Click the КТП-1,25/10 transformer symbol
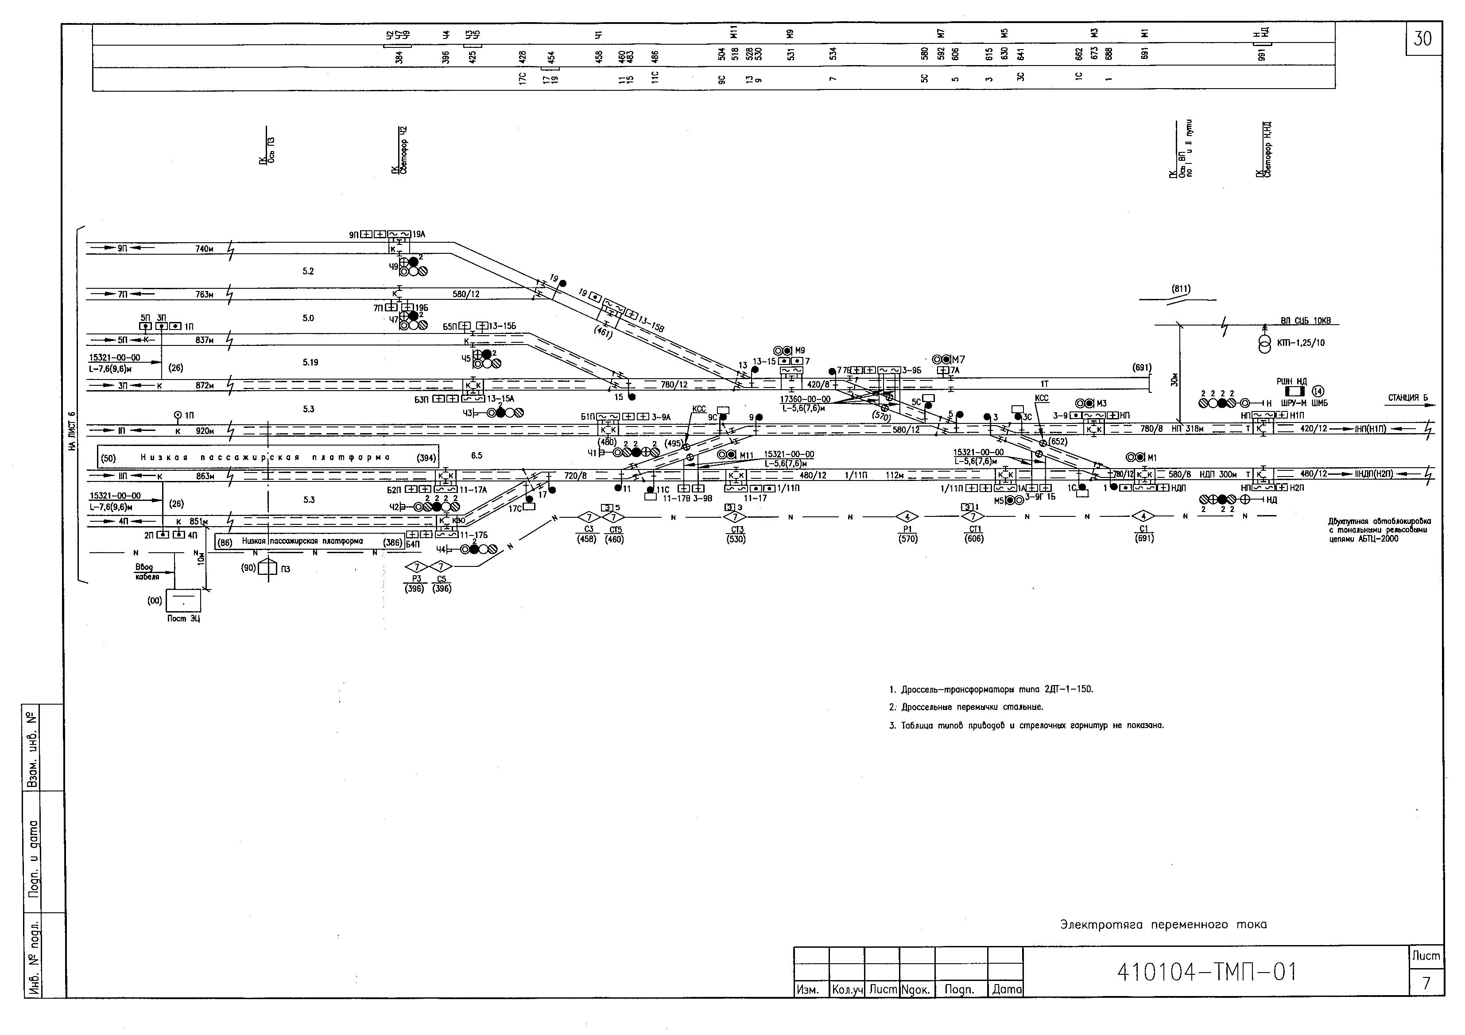(1264, 343)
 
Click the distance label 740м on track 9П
(204, 249)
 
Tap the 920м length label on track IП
(205, 431)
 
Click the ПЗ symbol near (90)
(267, 568)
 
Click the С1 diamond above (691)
(1143, 516)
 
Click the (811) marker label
(1180, 289)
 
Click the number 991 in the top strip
(1261, 55)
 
